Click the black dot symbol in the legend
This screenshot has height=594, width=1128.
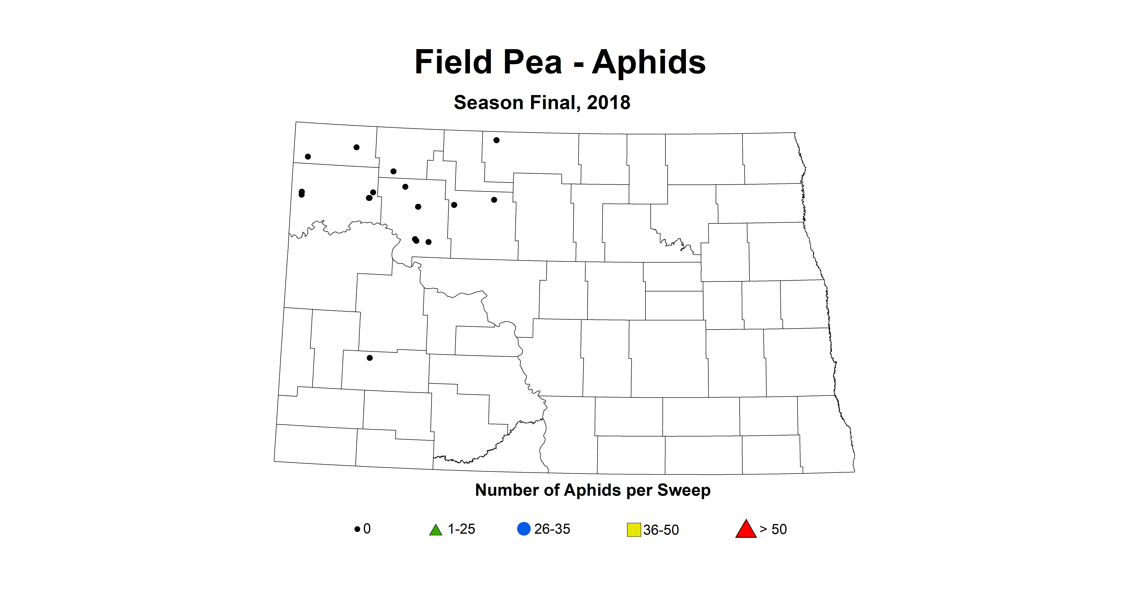click(357, 529)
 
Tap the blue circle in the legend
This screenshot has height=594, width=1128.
click(524, 529)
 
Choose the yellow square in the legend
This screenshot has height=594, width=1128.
click(634, 530)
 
